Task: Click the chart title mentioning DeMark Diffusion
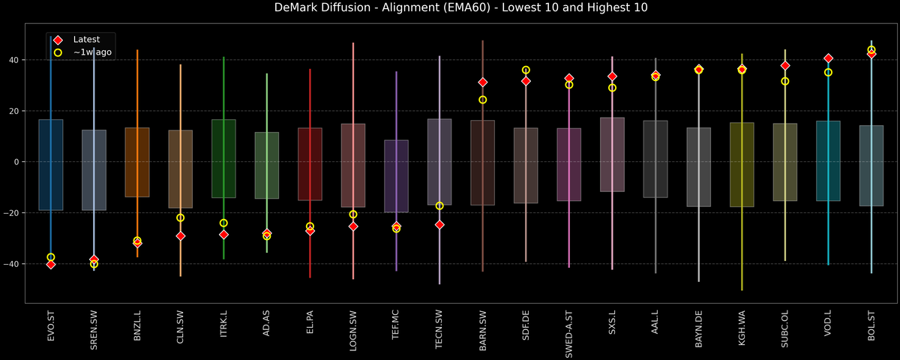(450, 8)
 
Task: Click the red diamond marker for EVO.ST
(51, 265)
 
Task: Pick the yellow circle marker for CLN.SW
(180, 217)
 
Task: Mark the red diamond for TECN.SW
(439, 224)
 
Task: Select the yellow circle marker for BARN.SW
(483, 100)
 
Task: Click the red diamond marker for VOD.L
(828, 58)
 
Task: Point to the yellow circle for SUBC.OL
(785, 81)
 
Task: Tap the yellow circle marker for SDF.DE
(526, 70)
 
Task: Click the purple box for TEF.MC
(396, 176)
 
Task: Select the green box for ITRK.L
(223, 159)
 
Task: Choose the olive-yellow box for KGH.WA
(742, 165)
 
